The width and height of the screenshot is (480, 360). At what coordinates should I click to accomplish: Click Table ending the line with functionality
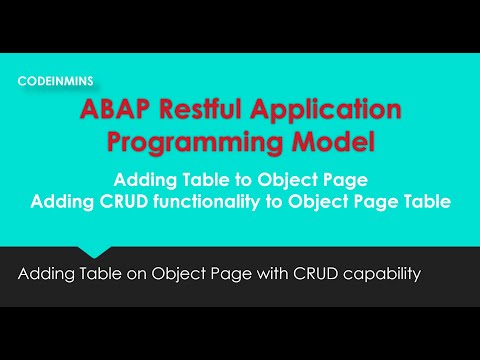pyautogui.click(x=422, y=201)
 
